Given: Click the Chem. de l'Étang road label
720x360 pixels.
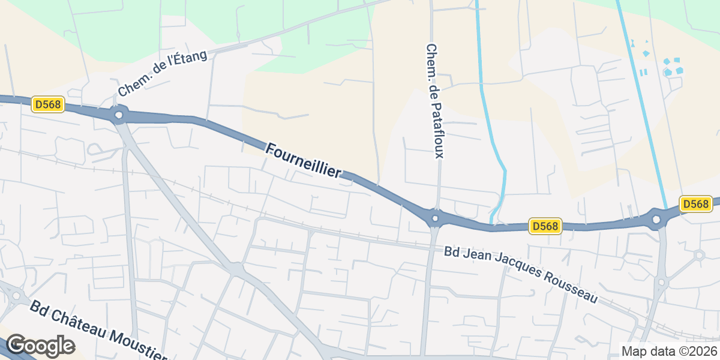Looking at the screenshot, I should pos(162,74).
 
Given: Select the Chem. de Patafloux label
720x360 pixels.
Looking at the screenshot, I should pos(434,101).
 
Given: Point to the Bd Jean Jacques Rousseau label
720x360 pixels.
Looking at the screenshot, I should pos(521,274).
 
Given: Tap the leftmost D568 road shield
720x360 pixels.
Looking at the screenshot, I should pos(48,104).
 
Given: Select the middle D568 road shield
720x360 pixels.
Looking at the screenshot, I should pos(545,226).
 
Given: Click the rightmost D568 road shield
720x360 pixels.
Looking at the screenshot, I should pos(695,204).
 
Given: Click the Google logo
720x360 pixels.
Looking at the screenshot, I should pos(40,346).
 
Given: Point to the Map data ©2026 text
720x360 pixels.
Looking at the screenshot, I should pos(668,351).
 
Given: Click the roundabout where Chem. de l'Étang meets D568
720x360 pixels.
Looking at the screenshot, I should pos(119,114).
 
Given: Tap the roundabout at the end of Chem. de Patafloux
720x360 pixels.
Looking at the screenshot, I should pos(436,217).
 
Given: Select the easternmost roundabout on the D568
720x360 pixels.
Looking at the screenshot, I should pos(656,219).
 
